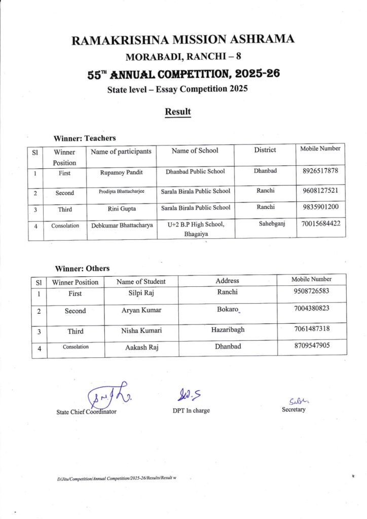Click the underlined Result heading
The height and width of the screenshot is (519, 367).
(x=177, y=112)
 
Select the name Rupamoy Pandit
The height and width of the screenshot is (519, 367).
(x=122, y=172)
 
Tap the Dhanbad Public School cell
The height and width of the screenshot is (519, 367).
(x=195, y=171)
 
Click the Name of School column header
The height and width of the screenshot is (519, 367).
(x=195, y=151)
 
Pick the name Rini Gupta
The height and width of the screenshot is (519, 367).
(x=122, y=208)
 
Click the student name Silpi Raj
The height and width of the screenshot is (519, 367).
(x=140, y=292)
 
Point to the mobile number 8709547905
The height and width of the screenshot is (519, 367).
(x=311, y=347)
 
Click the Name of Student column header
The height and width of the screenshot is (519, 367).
(x=141, y=281)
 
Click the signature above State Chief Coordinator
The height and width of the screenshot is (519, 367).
(x=107, y=394)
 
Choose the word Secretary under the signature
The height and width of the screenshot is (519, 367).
(x=293, y=410)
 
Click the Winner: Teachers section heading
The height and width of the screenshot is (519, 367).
(x=85, y=138)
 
